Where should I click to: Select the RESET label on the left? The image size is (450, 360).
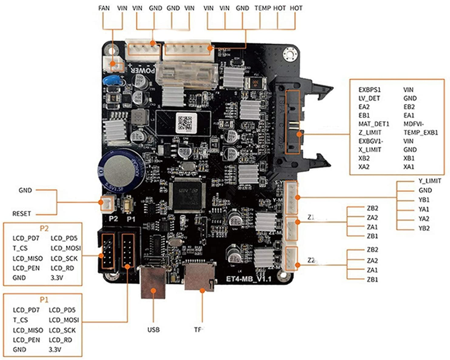(x=22, y=213)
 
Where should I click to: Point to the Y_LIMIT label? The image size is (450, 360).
(x=430, y=181)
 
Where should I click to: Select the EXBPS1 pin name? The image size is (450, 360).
(x=370, y=90)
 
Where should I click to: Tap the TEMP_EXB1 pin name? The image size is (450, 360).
(x=420, y=133)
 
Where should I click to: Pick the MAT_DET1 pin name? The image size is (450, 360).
(x=373, y=124)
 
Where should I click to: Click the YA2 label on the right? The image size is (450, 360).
(x=424, y=219)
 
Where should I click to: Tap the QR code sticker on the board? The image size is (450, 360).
(x=185, y=123)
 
